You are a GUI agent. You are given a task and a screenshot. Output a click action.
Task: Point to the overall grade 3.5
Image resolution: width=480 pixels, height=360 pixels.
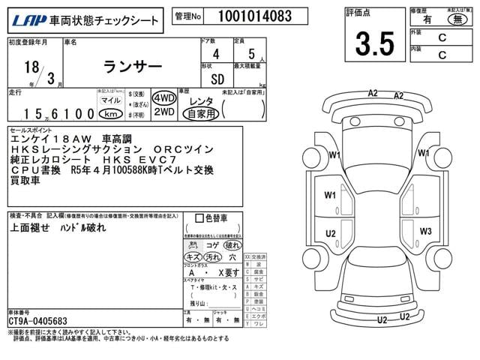point(374,44)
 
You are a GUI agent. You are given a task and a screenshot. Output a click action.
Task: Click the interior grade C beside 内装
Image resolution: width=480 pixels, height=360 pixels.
point(442,54)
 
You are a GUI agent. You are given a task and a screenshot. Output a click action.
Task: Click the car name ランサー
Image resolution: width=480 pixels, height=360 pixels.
point(131,67)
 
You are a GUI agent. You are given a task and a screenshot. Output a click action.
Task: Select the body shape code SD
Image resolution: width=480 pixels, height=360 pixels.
point(216,78)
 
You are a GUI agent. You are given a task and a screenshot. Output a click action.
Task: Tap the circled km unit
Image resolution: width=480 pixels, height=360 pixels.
point(110,114)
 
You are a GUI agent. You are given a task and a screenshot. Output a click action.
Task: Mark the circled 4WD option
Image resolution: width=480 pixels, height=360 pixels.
point(164,99)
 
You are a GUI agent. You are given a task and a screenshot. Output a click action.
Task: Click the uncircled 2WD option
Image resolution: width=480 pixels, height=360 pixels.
point(164,112)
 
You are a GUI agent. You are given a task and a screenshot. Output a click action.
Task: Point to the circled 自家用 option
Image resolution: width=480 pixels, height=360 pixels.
point(202,114)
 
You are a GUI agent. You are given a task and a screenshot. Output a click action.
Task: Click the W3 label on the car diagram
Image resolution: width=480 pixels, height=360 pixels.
point(426,231)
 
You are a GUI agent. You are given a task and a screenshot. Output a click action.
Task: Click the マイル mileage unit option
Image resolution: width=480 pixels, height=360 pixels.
point(109,100)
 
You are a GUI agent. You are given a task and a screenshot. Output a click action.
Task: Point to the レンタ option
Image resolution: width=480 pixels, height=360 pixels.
point(200,100)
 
